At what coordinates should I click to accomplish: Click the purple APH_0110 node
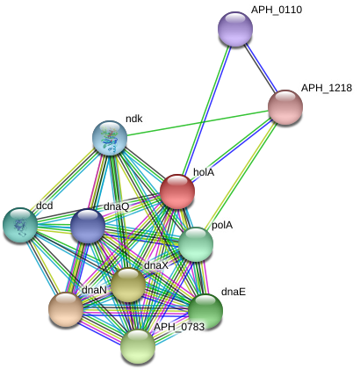[x=235, y=29]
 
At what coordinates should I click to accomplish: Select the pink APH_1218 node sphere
[x=285, y=107]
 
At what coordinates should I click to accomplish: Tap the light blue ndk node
[x=110, y=138]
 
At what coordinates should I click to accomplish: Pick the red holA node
[x=177, y=192]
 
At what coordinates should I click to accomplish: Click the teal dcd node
[x=20, y=225]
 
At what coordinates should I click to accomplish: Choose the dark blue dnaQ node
[x=88, y=226]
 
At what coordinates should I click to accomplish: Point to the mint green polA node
[x=196, y=244]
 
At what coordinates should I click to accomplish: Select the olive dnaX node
[x=128, y=285]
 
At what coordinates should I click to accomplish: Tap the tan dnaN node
[x=66, y=309]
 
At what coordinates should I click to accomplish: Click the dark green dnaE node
[x=205, y=311]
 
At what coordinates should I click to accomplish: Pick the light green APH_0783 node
[x=138, y=346]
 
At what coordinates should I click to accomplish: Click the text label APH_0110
[x=277, y=10]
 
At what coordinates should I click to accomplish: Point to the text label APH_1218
[x=327, y=88]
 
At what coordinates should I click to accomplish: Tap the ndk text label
[x=134, y=119]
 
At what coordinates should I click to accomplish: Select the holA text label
[x=204, y=172]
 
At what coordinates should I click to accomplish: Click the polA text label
[x=222, y=225]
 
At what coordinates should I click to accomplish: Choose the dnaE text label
[x=234, y=292]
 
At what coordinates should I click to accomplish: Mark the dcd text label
[x=45, y=206]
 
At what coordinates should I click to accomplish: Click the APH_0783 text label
[x=179, y=327]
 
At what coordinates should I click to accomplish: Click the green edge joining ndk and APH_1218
[x=198, y=123]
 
